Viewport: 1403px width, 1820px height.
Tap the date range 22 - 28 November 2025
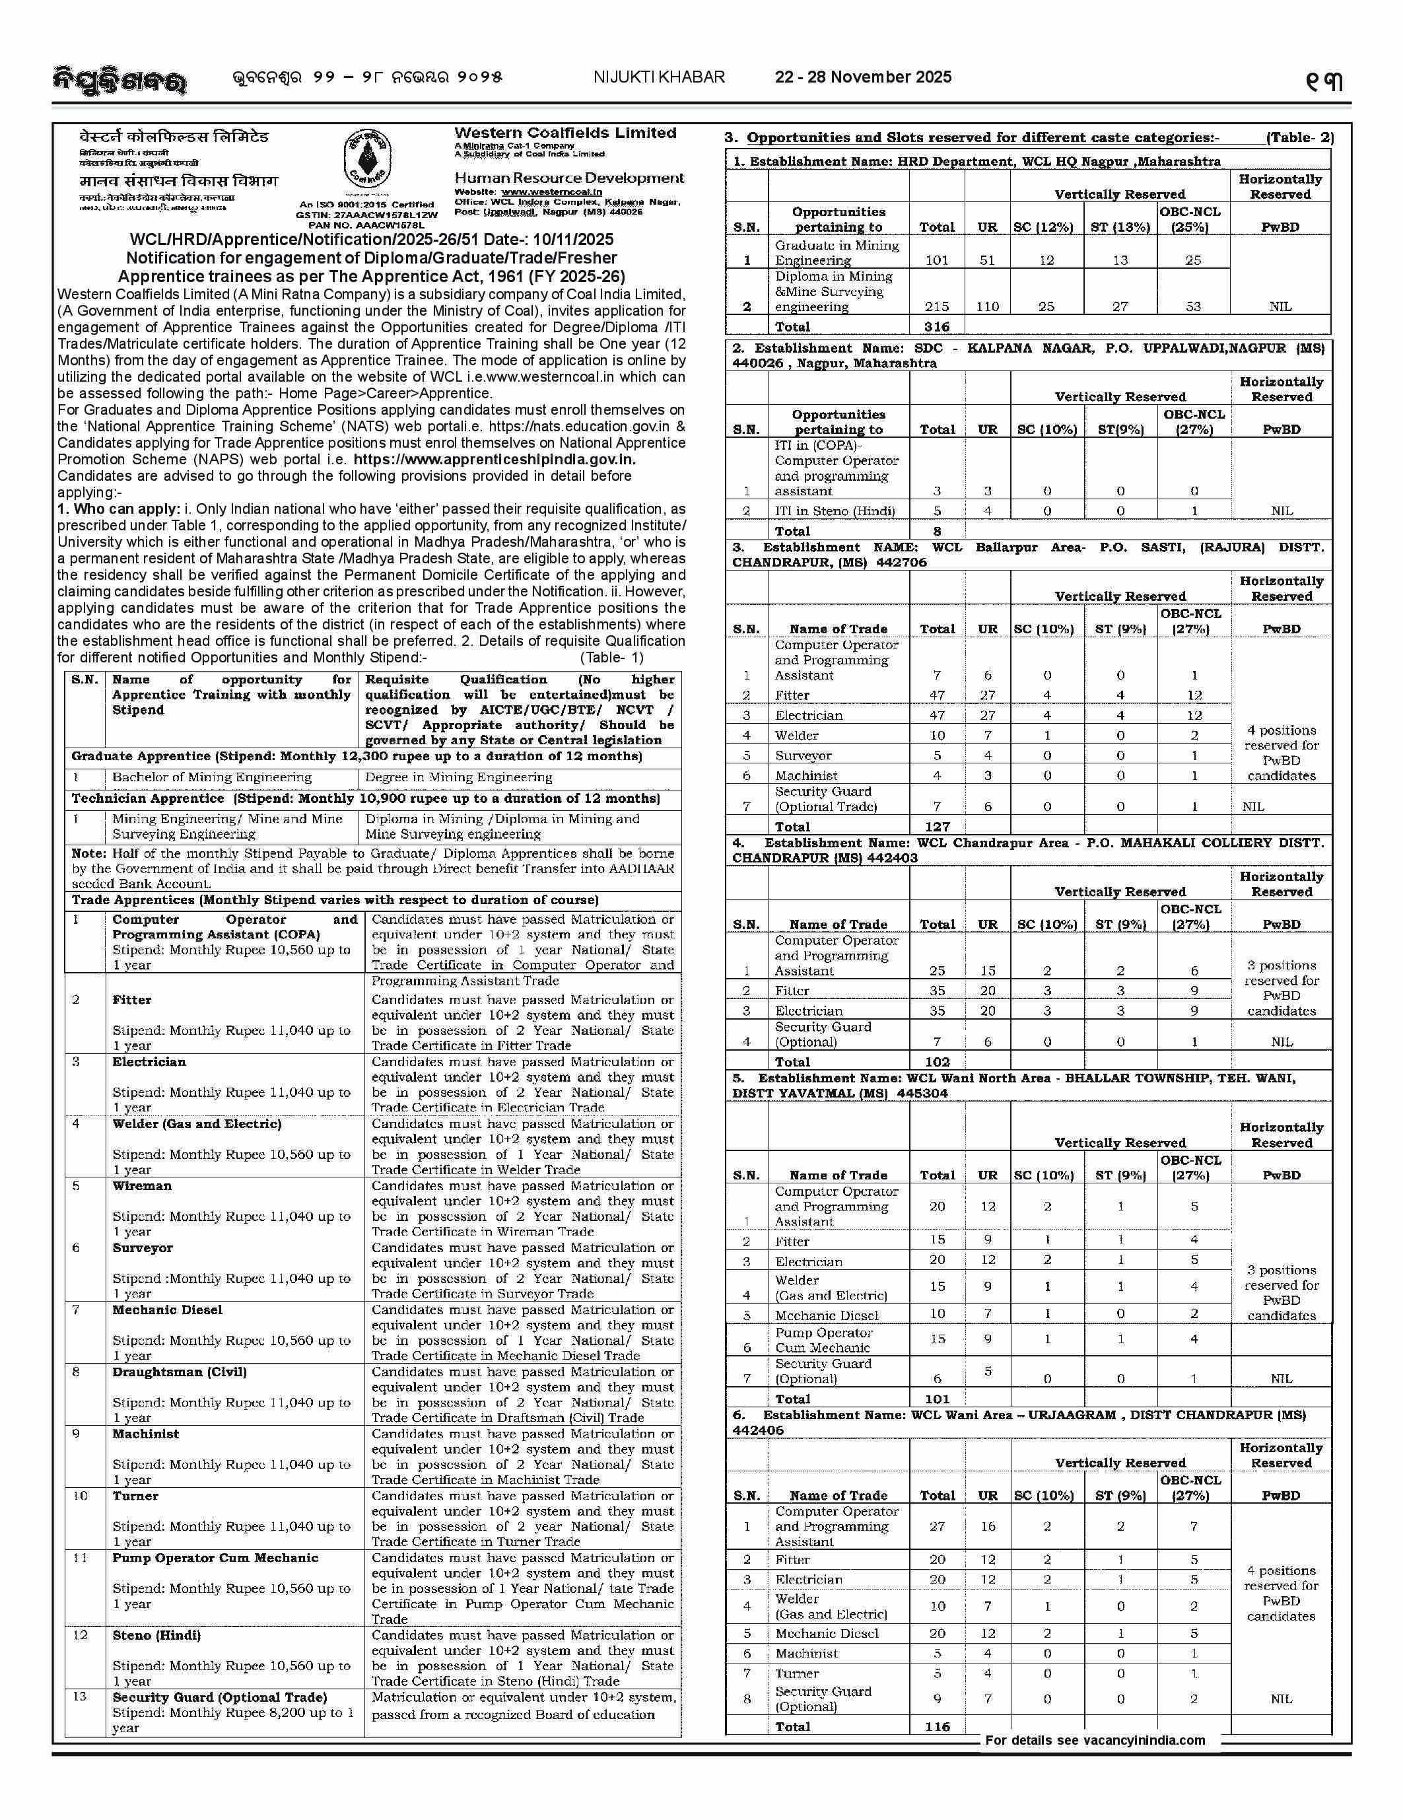(863, 77)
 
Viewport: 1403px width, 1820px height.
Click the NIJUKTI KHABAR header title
(659, 77)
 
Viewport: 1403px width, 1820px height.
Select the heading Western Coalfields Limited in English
(565, 133)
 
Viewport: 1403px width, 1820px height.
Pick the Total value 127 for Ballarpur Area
(938, 827)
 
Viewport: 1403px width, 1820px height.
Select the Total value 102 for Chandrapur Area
(938, 1062)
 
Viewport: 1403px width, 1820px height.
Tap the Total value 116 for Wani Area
(938, 1727)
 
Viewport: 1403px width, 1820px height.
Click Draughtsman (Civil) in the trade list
(180, 1372)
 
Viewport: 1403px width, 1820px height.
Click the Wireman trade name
(142, 1186)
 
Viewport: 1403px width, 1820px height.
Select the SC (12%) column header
(1046, 227)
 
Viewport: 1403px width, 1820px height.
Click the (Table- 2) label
(1299, 137)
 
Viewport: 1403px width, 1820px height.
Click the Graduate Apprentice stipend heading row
(357, 757)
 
